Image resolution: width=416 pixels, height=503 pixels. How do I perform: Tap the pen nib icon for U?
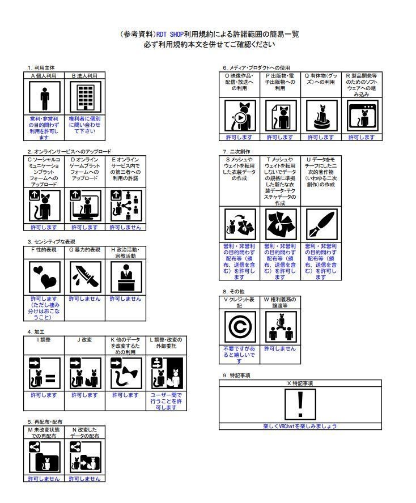[x=321, y=224]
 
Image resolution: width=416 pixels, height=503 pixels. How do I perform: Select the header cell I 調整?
[x=44, y=340]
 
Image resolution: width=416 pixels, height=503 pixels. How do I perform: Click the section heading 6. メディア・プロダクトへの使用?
[x=260, y=68]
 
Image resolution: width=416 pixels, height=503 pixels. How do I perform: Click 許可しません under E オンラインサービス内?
[x=125, y=227]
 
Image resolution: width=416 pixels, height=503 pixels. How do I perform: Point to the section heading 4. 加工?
[x=37, y=331]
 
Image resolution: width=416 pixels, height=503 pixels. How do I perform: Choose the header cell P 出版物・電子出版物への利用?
[x=280, y=82]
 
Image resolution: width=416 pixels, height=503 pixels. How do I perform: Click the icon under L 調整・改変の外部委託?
[x=165, y=371]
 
